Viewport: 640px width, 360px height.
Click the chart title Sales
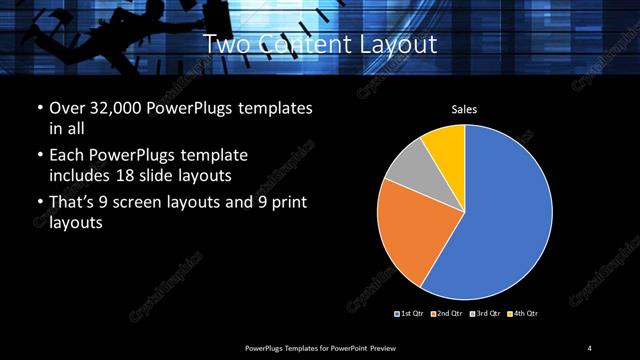click(x=464, y=109)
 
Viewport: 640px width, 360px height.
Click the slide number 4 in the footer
click(x=590, y=347)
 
